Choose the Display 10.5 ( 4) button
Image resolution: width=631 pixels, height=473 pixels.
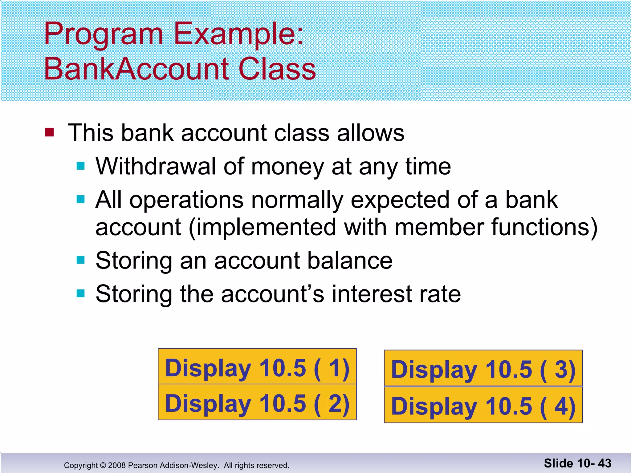click(x=483, y=405)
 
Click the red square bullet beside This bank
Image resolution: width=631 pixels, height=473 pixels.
click(x=49, y=132)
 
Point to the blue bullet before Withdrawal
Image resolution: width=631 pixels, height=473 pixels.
click(x=80, y=166)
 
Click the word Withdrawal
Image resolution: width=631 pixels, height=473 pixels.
click(x=156, y=166)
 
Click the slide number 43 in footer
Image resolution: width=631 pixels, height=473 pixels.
click(x=605, y=463)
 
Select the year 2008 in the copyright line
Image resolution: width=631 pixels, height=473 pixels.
click(x=117, y=465)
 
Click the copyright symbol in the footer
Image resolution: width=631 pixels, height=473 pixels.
click(x=103, y=465)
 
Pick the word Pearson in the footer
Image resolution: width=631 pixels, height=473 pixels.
click(x=142, y=465)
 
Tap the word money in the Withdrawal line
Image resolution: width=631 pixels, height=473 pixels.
click(x=287, y=167)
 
